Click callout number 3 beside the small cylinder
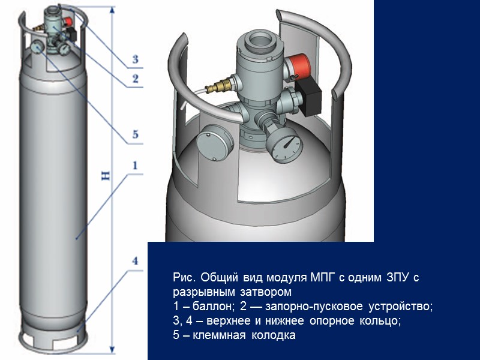[x=136, y=59]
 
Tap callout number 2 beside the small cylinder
[x=136, y=79]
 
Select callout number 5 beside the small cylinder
[x=136, y=134]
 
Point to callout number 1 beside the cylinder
[x=135, y=166]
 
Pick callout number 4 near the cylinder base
[x=135, y=261]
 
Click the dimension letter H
[x=106, y=175]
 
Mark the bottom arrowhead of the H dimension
[x=112, y=349]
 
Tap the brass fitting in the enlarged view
[x=219, y=86]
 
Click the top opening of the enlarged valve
[x=260, y=40]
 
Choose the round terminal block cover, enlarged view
[x=215, y=142]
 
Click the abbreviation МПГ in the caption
[x=322, y=277]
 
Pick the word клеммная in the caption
[x=219, y=335]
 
